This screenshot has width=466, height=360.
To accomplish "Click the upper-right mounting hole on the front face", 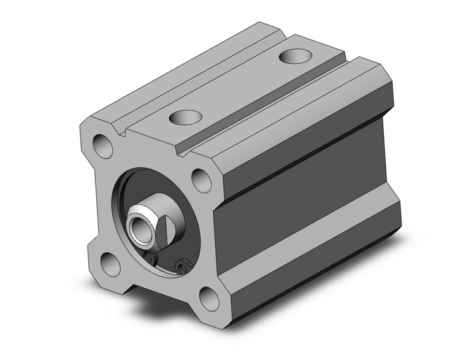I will (x=201, y=179).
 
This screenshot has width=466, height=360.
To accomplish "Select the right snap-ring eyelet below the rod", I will (x=181, y=266).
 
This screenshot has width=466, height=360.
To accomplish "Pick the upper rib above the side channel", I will (x=307, y=132).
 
